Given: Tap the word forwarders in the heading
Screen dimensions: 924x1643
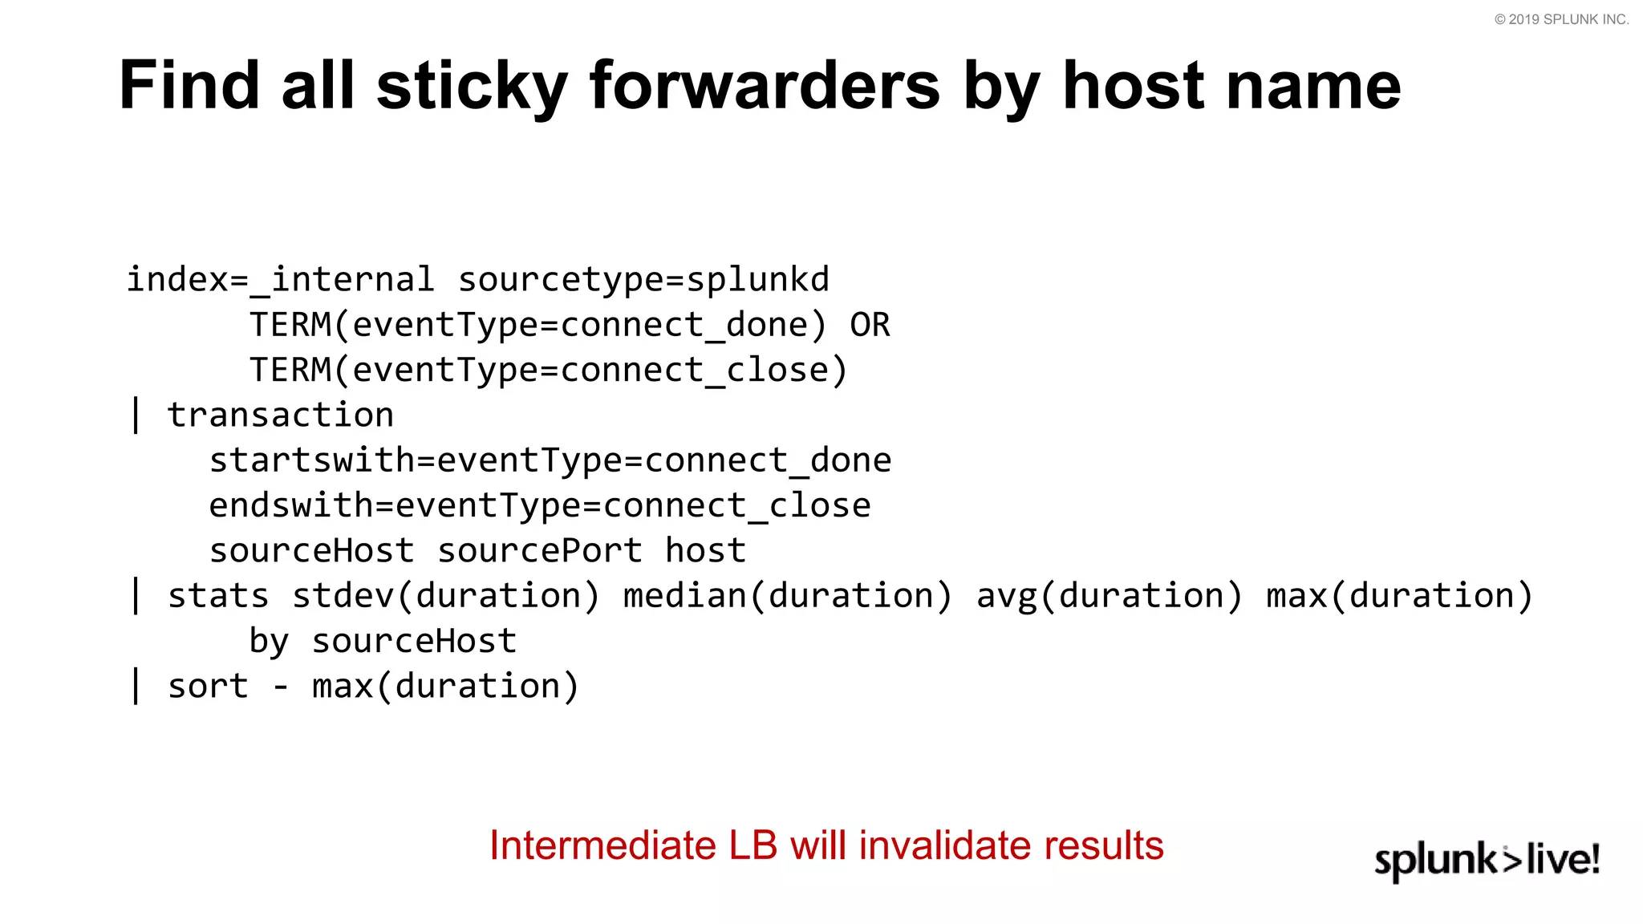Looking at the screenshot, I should click(x=764, y=87).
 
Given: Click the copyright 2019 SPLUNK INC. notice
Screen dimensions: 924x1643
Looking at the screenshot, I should click(x=1560, y=19).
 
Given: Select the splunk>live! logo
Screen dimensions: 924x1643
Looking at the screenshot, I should click(x=1487, y=860).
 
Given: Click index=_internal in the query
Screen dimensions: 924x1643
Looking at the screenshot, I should click(x=280, y=280).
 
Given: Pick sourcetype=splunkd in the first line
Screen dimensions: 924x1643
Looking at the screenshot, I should click(x=643, y=280).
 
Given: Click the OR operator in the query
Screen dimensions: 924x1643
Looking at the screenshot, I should click(x=870, y=325).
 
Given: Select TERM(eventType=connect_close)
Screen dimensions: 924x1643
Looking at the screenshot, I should click(x=548, y=370).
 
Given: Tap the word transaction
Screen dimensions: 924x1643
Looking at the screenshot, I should click(x=280, y=415).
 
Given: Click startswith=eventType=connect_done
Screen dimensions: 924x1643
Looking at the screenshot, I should click(x=550, y=460).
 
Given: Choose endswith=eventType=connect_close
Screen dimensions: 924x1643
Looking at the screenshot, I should click(x=539, y=505).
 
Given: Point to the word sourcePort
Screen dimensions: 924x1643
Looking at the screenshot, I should click(x=539, y=551).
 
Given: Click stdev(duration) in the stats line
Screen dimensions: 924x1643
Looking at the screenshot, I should click(x=445, y=596).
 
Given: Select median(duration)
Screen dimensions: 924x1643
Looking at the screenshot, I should click(x=787, y=596).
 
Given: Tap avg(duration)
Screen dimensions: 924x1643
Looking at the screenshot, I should click(x=1110, y=596).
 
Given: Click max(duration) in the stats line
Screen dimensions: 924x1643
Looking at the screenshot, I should click(x=1399, y=596).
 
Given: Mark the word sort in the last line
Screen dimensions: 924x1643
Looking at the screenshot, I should click(x=208, y=687).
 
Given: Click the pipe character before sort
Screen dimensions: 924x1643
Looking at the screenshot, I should click(x=136, y=687).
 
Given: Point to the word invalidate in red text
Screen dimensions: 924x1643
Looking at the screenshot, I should click(x=936, y=845).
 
